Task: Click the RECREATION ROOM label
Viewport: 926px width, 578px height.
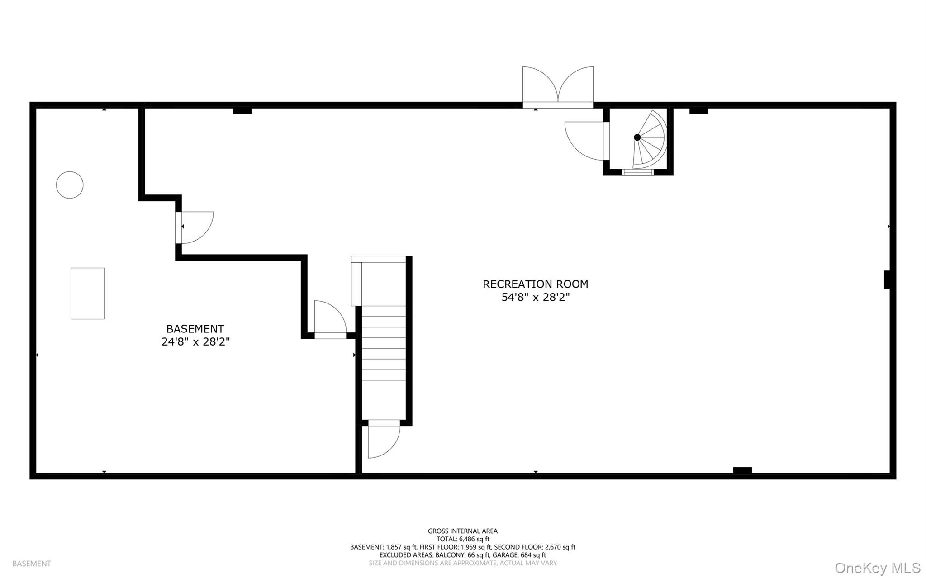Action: (x=535, y=284)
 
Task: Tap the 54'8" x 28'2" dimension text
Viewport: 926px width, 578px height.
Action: (x=535, y=298)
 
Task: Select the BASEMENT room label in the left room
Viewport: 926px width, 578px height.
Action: (x=195, y=329)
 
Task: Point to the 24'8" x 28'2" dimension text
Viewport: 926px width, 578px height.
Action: (x=195, y=342)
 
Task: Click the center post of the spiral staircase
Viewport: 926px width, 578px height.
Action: (x=637, y=137)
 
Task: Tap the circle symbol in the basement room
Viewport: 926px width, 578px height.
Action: (x=70, y=185)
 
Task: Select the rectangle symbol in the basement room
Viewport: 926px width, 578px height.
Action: (x=88, y=294)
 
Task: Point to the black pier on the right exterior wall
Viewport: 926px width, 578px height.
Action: (x=887, y=280)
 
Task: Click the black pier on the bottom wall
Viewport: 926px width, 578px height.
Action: (x=742, y=470)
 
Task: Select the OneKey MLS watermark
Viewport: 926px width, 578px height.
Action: (x=877, y=568)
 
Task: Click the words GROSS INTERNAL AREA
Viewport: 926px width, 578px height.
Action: (x=463, y=531)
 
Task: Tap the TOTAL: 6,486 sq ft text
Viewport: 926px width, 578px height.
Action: (x=463, y=539)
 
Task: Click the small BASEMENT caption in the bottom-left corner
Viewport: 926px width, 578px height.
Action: (x=32, y=564)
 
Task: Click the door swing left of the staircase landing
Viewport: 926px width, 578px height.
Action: (x=330, y=318)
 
